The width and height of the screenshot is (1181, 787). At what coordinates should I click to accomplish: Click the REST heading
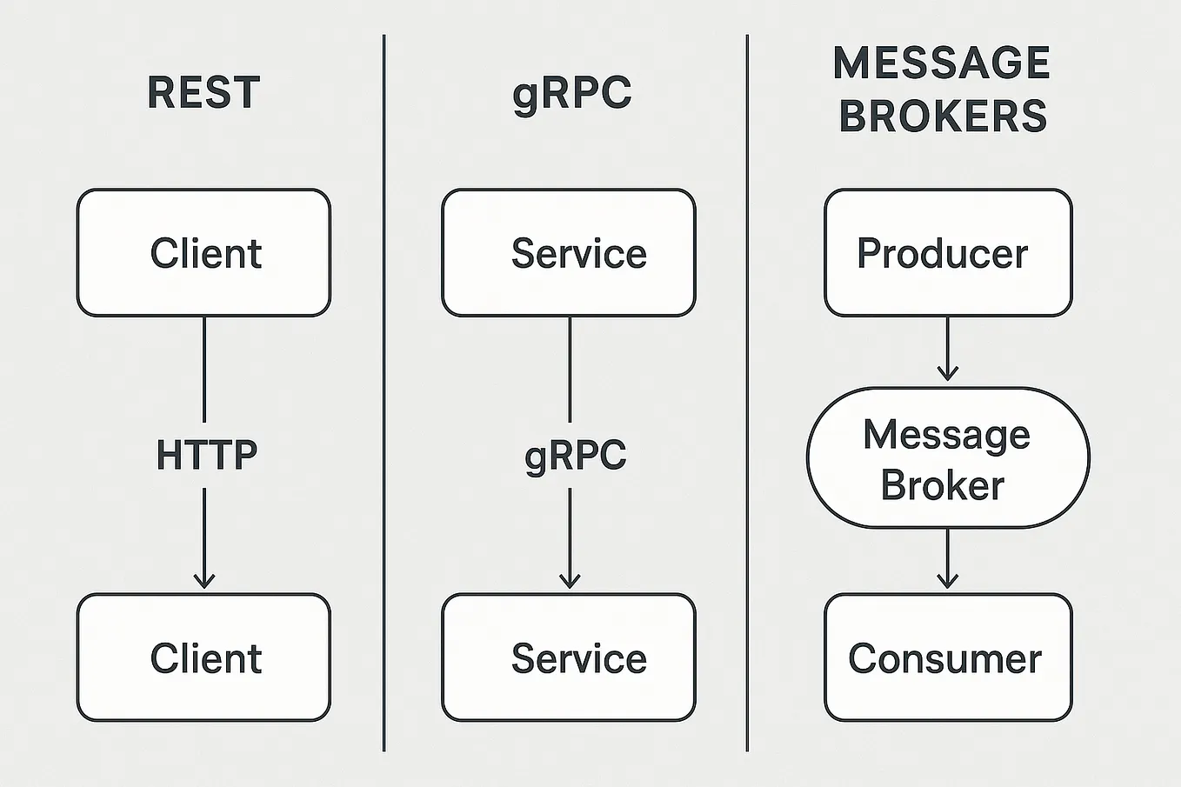204,92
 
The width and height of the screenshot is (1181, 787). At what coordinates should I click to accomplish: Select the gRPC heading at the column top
571,93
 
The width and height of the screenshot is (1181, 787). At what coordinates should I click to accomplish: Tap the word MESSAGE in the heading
942,63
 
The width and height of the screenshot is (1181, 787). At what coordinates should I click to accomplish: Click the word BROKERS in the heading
943,117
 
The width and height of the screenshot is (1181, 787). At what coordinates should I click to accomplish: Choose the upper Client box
204,253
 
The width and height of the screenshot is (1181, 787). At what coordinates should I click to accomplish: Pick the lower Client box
204,657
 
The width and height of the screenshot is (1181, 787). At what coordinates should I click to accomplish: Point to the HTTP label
206,455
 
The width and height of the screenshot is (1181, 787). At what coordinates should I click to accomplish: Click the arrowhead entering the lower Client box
204,579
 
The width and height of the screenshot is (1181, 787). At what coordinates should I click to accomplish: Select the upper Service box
569,253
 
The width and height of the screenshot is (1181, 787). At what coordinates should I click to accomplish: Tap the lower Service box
569,657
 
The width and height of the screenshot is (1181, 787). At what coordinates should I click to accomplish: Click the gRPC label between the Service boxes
575,456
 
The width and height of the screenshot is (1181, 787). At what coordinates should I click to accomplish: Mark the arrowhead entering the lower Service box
570,579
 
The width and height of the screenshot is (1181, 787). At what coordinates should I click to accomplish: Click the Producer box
948,253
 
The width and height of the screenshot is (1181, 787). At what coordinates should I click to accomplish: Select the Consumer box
948,657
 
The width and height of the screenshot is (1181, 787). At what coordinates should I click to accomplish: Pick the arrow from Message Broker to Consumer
948,561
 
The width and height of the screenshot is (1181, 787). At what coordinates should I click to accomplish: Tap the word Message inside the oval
946,434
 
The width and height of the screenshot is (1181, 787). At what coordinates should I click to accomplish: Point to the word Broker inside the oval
942,485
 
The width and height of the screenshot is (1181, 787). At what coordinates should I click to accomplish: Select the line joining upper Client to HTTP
204,370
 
